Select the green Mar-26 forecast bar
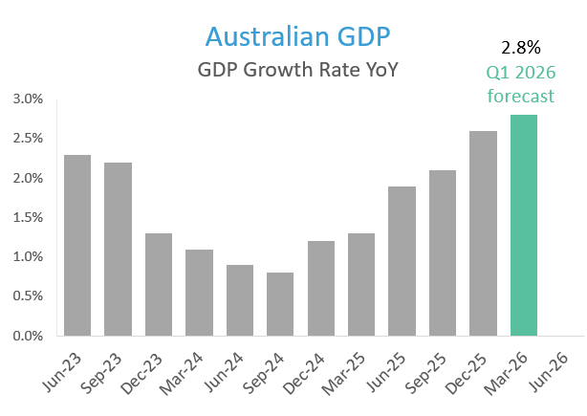click(x=524, y=226)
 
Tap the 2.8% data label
click(x=521, y=47)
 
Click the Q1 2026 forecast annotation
click(x=521, y=84)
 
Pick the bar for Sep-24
click(x=279, y=304)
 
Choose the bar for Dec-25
click(x=483, y=233)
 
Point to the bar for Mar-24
click(x=198, y=293)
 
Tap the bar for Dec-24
click(x=320, y=289)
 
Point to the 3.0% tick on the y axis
click(x=27, y=99)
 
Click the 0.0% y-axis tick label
click(x=27, y=337)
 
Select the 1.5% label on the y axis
click(x=27, y=218)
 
